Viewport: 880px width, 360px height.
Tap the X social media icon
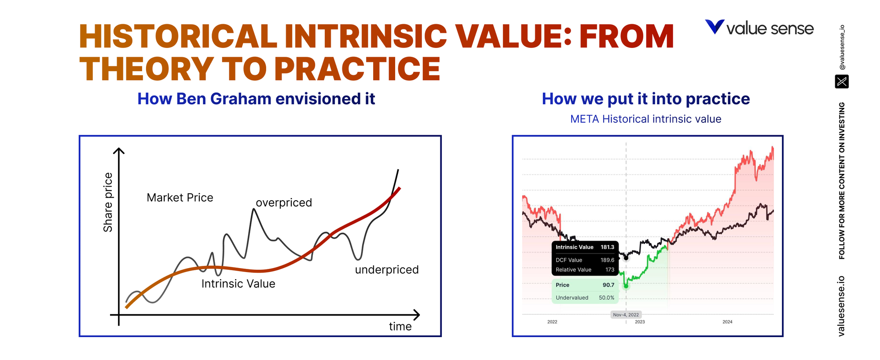(x=841, y=81)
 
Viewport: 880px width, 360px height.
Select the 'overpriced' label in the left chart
(x=284, y=202)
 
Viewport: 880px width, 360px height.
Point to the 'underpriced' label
(x=387, y=269)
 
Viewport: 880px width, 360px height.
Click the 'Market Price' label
(x=180, y=198)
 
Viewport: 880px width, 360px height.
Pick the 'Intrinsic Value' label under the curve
(x=238, y=284)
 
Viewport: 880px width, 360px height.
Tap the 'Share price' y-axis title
(x=108, y=202)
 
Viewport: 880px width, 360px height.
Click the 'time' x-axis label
(x=400, y=327)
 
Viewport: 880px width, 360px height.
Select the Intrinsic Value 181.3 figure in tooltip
(x=607, y=247)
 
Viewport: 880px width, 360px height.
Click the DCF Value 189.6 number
(x=607, y=260)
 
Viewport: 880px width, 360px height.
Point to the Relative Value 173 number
(x=609, y=270)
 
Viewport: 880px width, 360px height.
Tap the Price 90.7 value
(x=608, y=285)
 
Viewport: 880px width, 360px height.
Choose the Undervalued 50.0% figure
(x=606, y=298)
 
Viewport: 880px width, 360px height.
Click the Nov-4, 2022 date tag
(x=626, y=315)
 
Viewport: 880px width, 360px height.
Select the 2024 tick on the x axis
(x=727, y=322)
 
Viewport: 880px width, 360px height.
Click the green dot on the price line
(x=626, y=286)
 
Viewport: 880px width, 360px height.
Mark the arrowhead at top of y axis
(x=119, y=151)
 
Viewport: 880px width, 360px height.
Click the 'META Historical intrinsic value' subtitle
(x=645, y=119)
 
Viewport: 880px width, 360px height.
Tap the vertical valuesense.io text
(x=841, y=306)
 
